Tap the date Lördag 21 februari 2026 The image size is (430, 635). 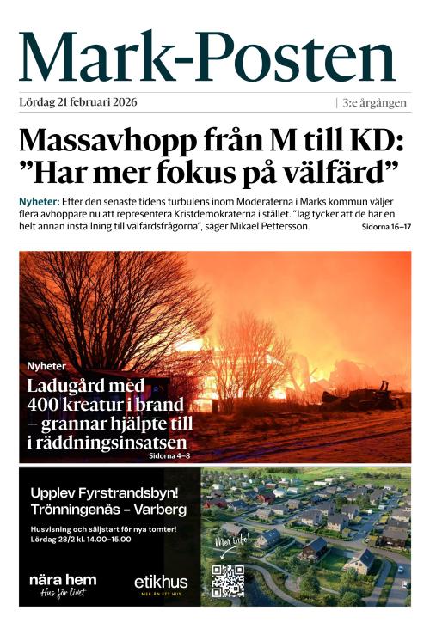pos(77,102)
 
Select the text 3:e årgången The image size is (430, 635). pos(377,102)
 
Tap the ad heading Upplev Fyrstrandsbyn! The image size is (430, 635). pos(104,492)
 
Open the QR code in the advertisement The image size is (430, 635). pos(228,581)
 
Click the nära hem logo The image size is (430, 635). pos(63,581)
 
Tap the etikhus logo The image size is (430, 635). pos(161,583)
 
